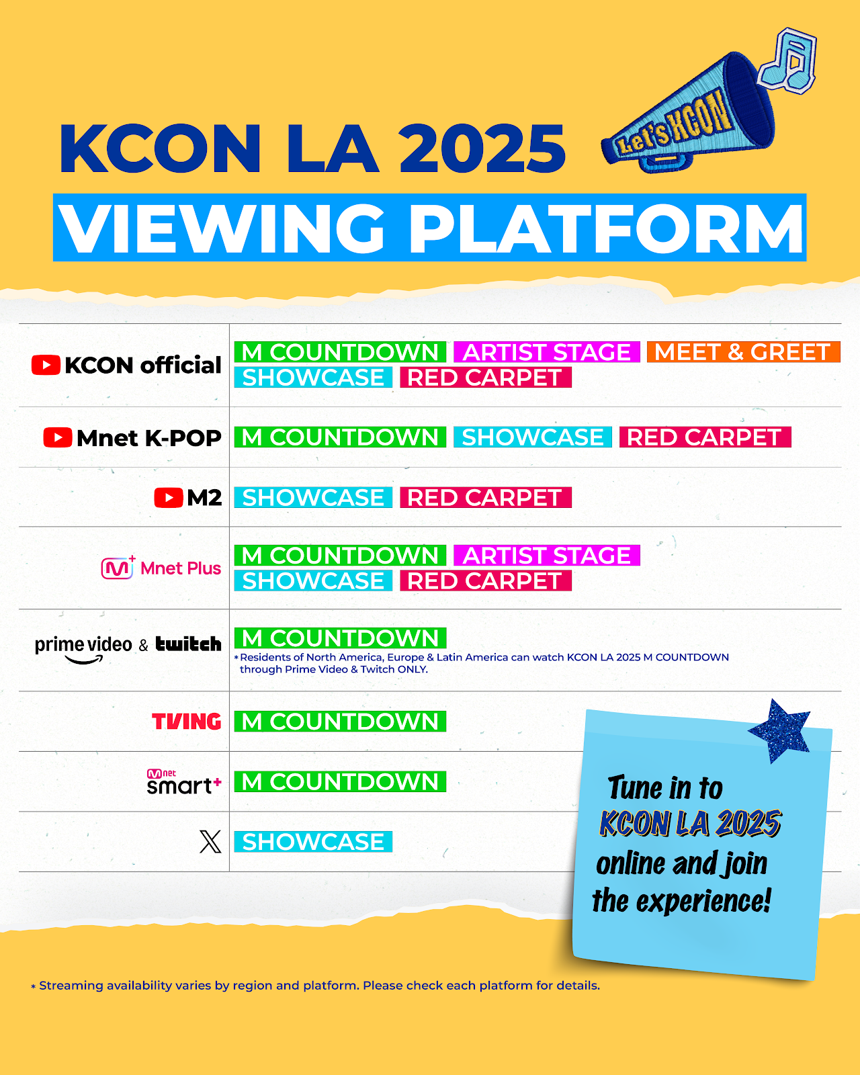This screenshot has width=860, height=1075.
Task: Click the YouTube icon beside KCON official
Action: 46,365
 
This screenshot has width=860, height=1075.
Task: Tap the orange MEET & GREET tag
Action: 743,351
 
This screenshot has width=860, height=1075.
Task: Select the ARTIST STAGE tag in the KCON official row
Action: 547,351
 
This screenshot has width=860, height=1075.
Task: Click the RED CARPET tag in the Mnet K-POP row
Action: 705,437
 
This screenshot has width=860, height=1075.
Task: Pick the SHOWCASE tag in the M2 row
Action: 313,498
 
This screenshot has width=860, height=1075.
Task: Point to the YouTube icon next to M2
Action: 169,498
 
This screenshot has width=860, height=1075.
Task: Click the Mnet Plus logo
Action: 161,568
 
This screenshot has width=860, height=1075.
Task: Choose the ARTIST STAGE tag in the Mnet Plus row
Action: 547,556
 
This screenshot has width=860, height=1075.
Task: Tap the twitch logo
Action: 188,644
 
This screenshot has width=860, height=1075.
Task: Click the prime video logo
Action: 83,649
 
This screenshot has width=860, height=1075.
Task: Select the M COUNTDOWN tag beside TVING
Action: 340,722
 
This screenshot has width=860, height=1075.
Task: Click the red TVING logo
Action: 187,722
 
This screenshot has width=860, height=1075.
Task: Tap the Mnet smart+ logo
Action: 184,782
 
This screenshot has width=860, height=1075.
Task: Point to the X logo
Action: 210,842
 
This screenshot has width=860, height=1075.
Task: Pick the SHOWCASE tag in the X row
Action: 313,842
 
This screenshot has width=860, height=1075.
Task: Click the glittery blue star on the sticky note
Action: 779,731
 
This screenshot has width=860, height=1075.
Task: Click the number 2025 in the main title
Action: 482,149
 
